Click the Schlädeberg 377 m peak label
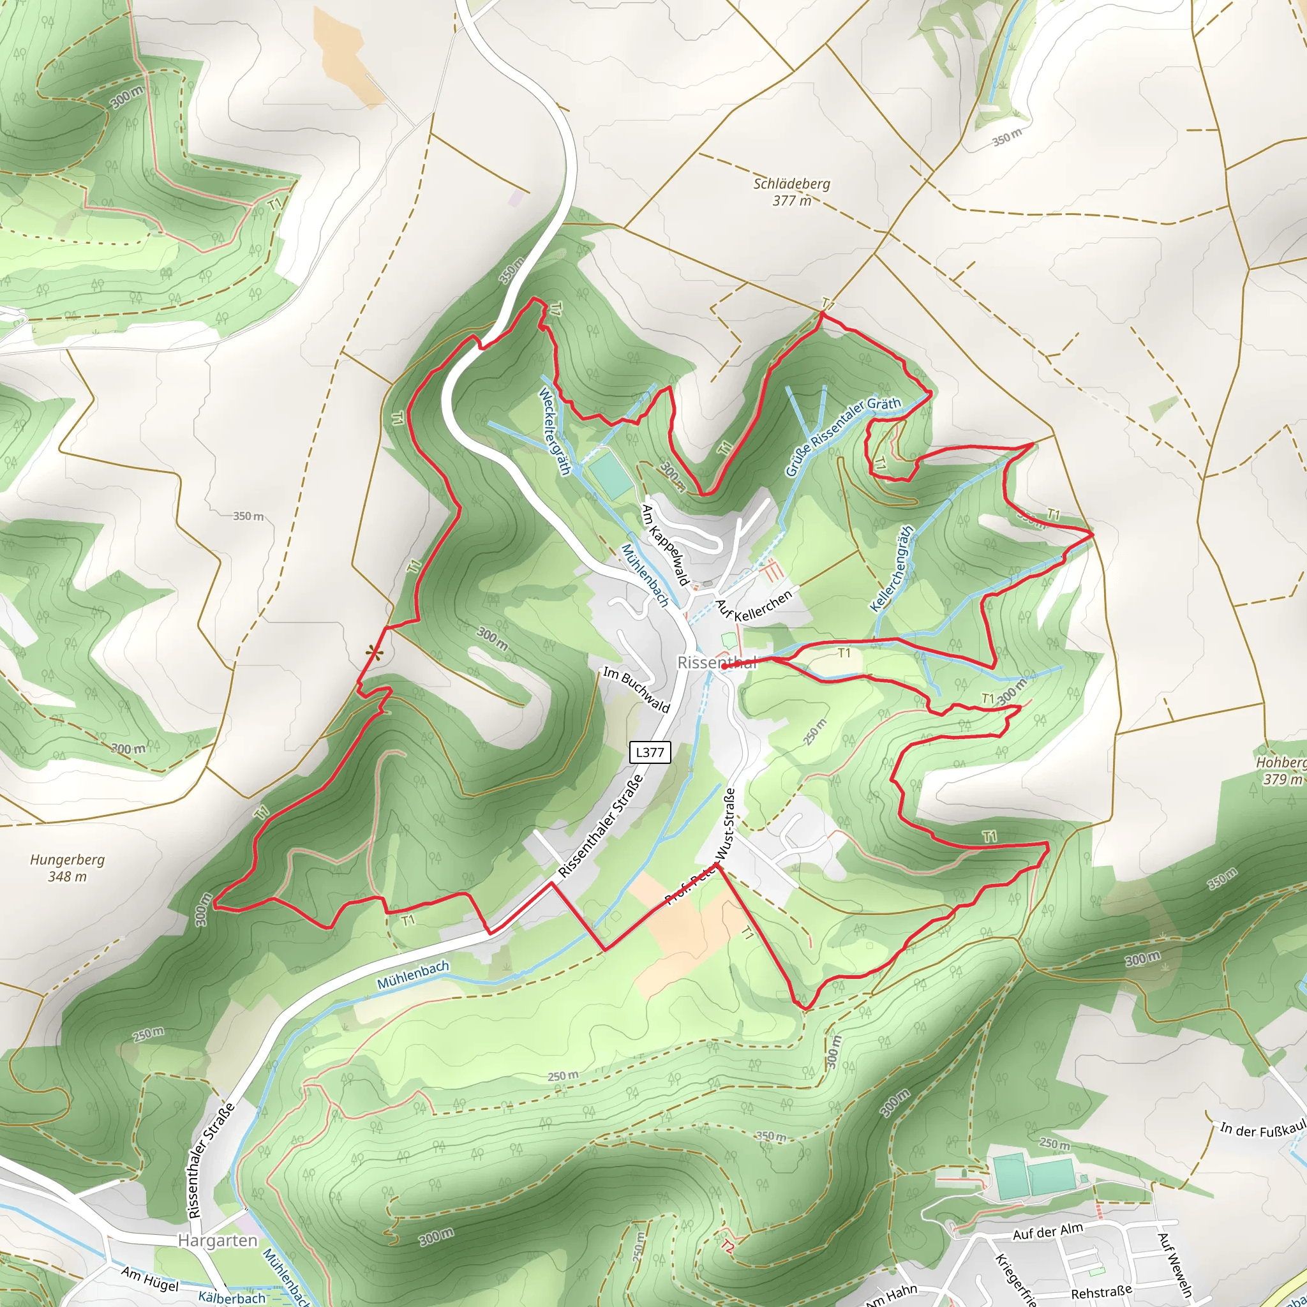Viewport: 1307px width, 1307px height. tap(791, 192)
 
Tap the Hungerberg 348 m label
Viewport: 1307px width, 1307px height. tap(67, 868)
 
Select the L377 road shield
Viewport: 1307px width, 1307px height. tap(650, 752)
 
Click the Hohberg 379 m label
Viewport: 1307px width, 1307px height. tap(1281, 770)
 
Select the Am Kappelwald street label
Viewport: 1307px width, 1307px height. tap(665, 544)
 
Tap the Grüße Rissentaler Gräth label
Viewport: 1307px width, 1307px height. tap(843, 436)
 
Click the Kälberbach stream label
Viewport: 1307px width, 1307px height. tap(232, 1297)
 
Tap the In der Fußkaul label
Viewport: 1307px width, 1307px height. tap(1262, 1130)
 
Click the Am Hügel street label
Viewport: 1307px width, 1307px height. tap(149, 1278)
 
